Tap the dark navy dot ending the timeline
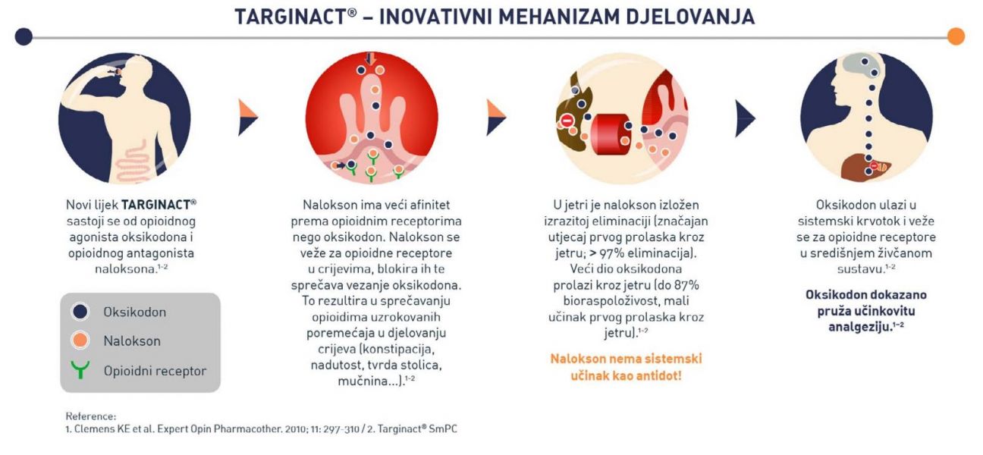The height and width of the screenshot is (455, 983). click(24, 36)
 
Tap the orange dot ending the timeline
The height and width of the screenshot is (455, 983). click(956, 36)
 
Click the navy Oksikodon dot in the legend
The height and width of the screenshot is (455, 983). click(80, 312)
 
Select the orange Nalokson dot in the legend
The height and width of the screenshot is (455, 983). click(80, 340)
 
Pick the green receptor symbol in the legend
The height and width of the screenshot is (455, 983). click(80, 369)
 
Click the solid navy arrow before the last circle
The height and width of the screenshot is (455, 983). click(745, 118)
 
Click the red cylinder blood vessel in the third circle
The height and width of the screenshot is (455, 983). click(611, 134)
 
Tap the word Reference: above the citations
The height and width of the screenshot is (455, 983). click(91, 416)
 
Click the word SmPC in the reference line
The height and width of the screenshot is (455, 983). click(443, 429)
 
